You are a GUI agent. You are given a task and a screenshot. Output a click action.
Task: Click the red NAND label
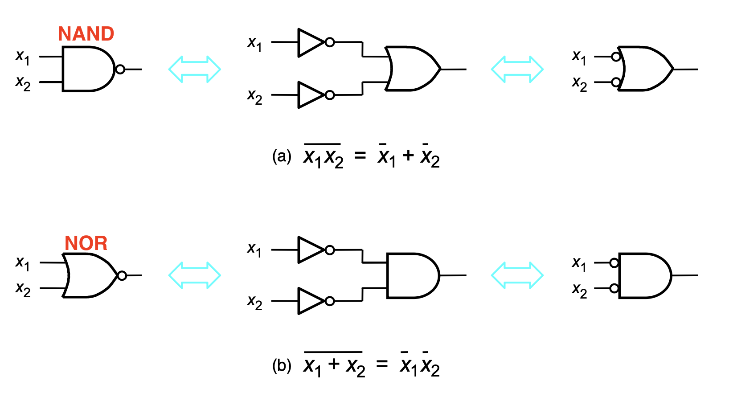pyautogui.click(x=86, y=33)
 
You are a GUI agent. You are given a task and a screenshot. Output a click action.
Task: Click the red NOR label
pyautogui.click(x=86, y=243)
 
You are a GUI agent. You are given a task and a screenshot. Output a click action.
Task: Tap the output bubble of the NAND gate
pyautogui.click(x=120, y=70)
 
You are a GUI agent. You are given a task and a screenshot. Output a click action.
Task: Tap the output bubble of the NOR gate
pyautogui.click(x=122, y=275)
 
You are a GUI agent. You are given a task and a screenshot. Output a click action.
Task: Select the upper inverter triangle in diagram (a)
pyautogui.click(x=311, y=43)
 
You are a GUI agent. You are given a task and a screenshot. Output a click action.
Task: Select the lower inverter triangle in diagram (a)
pyautogui.click(x=311, y=95)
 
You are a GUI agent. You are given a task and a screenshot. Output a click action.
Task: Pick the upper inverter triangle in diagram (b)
pyautogui.click(x=311, y=250)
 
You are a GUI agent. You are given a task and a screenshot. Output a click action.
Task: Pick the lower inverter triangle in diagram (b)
pyautogui.click(x=311, y=301)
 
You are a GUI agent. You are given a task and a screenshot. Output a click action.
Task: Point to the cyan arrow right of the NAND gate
pyautogui.click(x=195, y=69)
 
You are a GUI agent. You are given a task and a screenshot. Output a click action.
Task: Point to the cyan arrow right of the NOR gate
pyautogui.click(x=195, y=275)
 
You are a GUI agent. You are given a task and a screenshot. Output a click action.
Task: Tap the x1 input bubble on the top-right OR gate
pyautogui.click(x=616, y=57)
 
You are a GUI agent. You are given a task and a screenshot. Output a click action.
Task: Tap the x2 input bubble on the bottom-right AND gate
pyautogui.click(x=614, y=288)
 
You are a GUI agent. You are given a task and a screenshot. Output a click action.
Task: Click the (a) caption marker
pyautogui.click(x=282, y=156)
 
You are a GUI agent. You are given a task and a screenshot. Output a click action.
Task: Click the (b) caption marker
pyautogui.click(x=282, y=365)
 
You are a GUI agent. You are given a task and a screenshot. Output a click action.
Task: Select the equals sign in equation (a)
pyautogui.click(x=360, y=156)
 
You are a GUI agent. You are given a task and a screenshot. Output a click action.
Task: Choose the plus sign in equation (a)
pyautogui.click(x=408, y=156)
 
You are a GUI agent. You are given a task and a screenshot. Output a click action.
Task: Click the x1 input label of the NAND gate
pyautogui.click(x=22, y=57)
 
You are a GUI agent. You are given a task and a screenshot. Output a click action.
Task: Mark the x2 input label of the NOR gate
pyautogui.click(x=23, y=289)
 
